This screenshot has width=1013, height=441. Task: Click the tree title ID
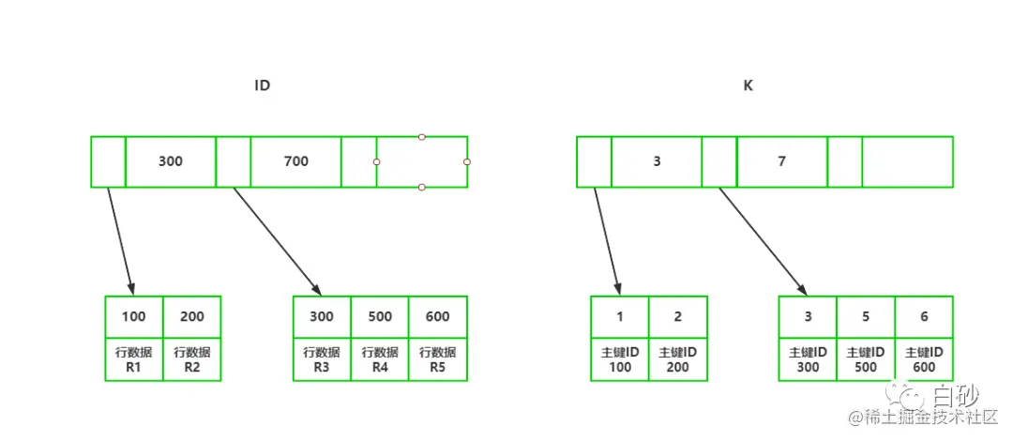point(263,85)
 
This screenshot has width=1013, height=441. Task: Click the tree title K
point(748,85)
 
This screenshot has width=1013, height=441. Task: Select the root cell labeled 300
point(171,161)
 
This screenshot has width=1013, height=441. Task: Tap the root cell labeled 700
point(295,161)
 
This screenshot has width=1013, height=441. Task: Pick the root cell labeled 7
point(781,161)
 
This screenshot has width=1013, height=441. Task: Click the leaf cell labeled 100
point(134,316)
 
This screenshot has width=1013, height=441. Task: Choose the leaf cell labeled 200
point(191,316)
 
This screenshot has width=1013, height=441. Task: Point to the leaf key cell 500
point(380,316)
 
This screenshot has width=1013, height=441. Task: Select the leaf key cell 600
point(437,316)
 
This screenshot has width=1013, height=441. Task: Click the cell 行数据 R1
point(134,358)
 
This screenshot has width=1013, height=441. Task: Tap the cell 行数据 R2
point(191,358)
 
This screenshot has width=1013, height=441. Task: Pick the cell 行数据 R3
point(322,358)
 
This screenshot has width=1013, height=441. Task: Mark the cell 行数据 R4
point(380,358)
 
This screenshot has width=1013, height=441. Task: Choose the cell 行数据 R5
point(437,358)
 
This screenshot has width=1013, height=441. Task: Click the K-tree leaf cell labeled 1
point(620,316)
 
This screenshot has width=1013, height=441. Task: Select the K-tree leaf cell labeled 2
point(677,316)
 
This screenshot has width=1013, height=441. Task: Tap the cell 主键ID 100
point(620,358)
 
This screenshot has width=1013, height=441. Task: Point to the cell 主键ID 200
point(677,358)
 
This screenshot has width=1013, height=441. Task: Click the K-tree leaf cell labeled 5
point(866,316)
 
